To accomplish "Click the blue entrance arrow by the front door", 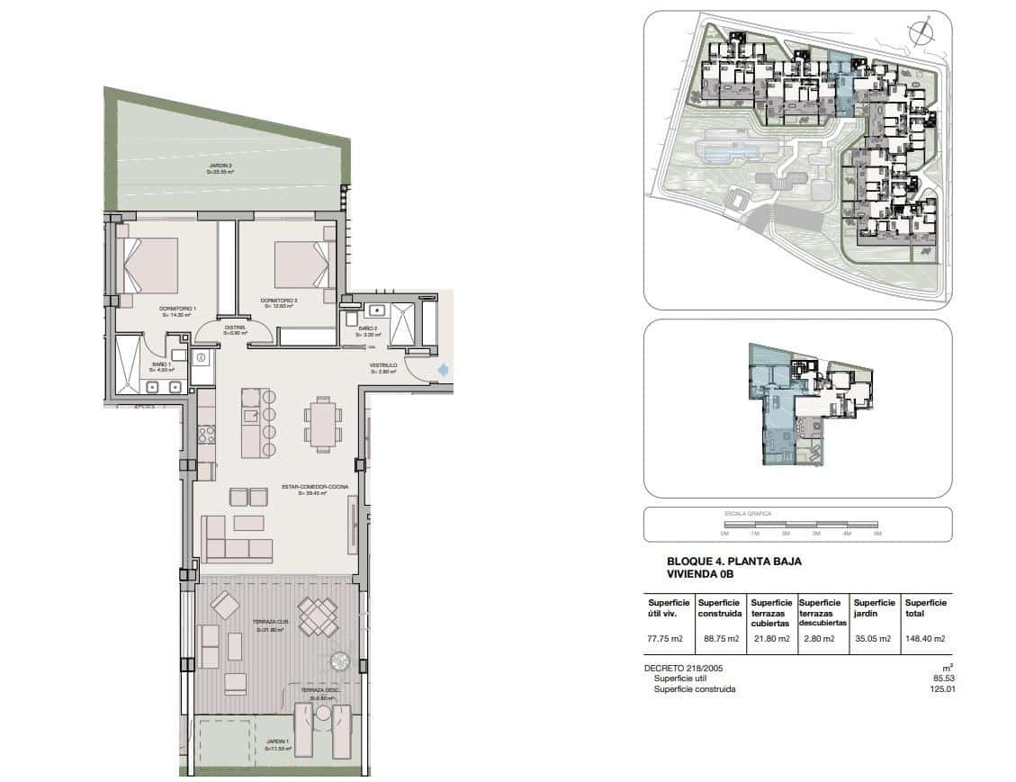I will (x=442, y=369).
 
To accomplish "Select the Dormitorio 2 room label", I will (x=279, y=302).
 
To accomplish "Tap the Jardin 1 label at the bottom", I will (x=277, y=744).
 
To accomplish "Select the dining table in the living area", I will (x=322, y=424).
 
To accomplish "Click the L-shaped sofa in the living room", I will (x=235, y=539).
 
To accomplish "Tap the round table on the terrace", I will (x=341, y=661).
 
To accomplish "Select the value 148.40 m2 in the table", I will (x=925, y=639).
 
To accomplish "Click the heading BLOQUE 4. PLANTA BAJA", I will (x=733, y=562).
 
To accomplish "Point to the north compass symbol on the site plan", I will (x=920, y=33).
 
